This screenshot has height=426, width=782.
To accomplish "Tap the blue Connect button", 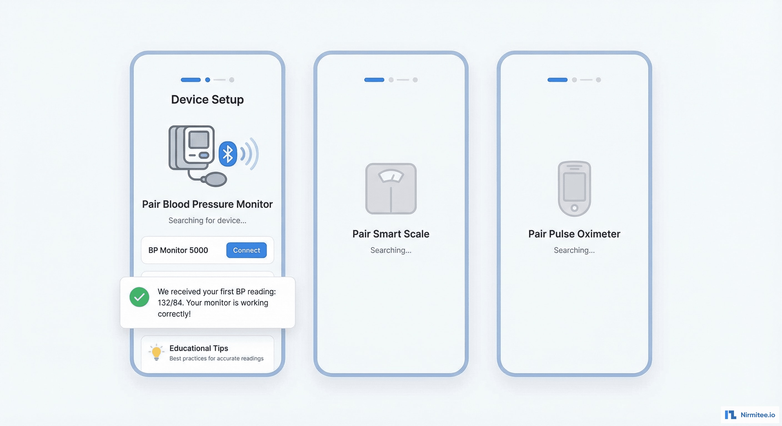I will point(246,250).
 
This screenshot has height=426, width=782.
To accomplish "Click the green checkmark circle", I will point(139,297).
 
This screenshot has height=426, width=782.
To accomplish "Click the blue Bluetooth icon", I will point(228,154).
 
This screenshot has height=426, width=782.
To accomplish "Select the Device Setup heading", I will point(207,100).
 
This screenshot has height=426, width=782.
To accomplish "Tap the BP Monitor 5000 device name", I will point(178,250).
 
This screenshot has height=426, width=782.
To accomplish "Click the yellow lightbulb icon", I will point(156,352).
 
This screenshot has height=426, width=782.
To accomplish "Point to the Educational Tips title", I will point(199,348).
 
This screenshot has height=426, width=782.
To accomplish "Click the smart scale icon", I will point(391,189).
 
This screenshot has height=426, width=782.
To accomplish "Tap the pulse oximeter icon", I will point(574,189).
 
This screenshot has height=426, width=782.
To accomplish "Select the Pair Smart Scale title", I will point(391,234).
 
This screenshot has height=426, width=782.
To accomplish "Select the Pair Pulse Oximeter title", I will point(574,234).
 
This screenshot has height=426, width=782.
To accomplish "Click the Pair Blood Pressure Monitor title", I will point(207,204).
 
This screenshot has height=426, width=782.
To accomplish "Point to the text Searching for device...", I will point(207,220).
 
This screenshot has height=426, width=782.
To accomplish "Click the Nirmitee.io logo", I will point(750,414).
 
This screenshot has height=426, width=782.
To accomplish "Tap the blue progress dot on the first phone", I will point(208,80).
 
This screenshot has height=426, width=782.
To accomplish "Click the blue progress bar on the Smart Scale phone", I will point(374,80).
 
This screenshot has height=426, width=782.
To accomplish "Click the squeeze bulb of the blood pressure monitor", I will point(216,179).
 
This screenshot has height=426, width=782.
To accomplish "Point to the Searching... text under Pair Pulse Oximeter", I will point(574,250).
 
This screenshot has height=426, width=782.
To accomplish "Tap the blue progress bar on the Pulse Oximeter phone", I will point(557,80).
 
